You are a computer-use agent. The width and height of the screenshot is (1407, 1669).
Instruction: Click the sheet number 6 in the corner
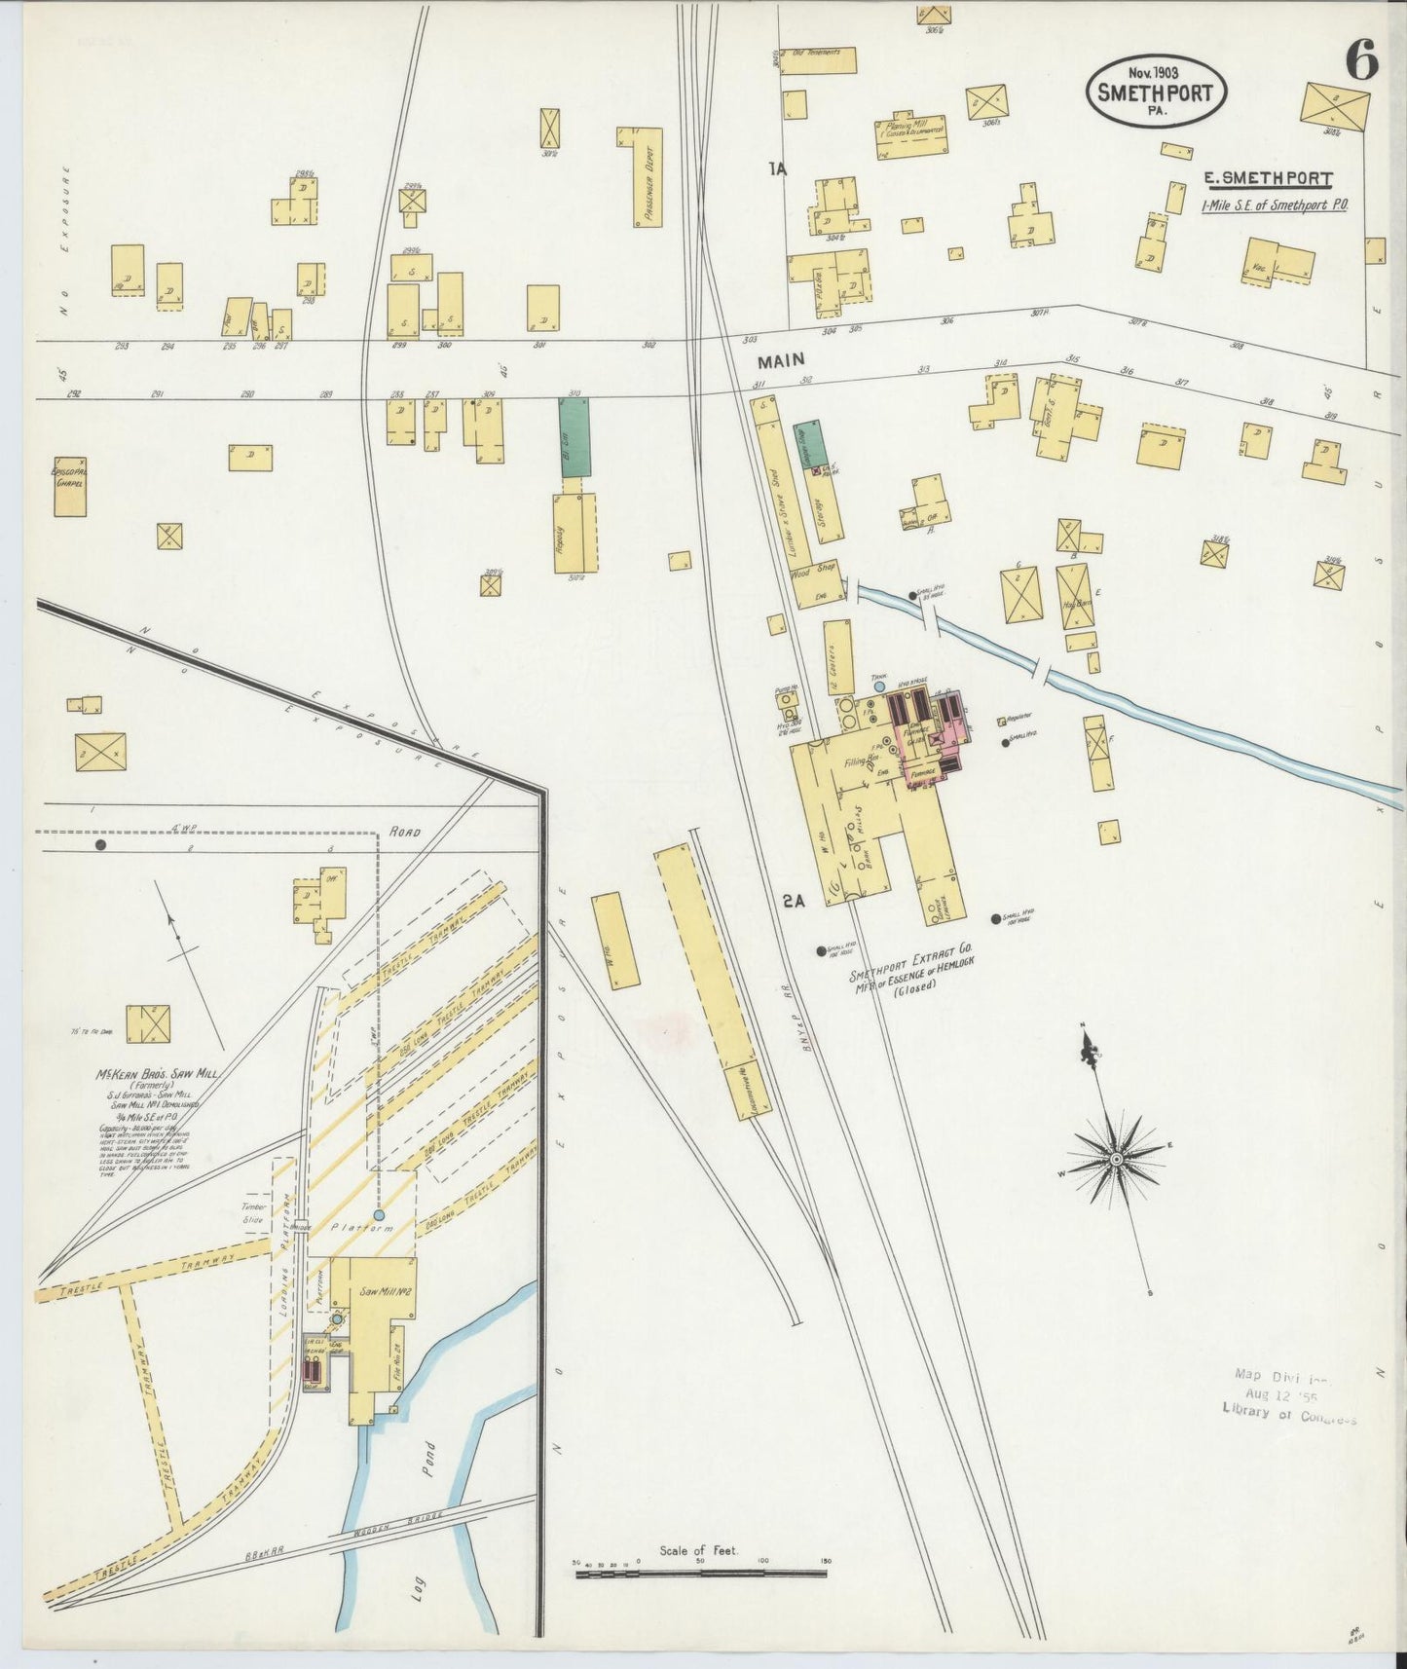point(1361,61)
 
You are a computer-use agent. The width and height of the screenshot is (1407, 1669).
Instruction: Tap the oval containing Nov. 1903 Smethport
point(1156,90)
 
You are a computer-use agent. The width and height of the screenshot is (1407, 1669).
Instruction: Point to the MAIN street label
point(782,360)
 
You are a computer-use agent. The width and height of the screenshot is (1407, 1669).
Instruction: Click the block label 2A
point(794,902)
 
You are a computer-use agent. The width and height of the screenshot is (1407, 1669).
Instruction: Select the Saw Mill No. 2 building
point(375,1305)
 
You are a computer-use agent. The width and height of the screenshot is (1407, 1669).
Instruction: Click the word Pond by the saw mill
point(429,1461)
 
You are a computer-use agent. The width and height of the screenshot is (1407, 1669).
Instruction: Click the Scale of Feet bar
point(700,1571)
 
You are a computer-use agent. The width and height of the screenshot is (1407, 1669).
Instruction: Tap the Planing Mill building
point(911,136)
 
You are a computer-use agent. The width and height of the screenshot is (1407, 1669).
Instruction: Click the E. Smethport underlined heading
point(1267,178)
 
